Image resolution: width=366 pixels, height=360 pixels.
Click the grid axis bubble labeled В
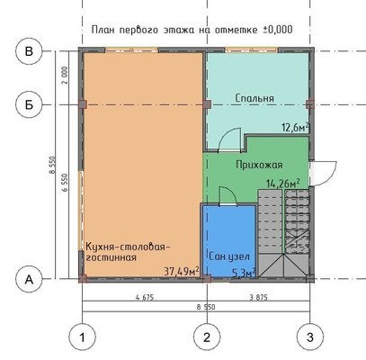tap(29, 51)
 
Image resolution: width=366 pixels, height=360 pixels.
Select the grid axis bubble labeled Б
tap(29, 104)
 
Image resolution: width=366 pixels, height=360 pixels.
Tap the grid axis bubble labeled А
tap(29, 280)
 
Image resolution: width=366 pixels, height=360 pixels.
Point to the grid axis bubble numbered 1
tap(83, 337)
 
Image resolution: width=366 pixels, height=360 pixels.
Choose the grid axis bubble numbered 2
tap(207, 337)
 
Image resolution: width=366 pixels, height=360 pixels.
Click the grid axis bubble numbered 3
tap(310, 337)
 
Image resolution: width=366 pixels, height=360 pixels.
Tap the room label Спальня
tap(254, 98)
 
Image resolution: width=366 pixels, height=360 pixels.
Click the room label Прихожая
tap(259, 165)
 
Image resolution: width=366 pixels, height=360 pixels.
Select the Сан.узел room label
tap(229, 256)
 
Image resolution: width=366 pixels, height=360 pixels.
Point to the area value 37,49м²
tap(182, 271)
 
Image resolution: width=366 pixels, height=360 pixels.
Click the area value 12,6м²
tap(295, 127)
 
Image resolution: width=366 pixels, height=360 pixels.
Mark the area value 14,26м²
tap(283, 183)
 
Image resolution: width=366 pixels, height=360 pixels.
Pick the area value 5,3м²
tap(245, 273)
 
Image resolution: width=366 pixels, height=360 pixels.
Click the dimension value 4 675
tap(145, 298)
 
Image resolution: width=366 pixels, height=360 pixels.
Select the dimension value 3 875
tap(258, 298)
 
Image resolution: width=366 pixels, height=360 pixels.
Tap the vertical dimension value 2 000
tap(65, 76)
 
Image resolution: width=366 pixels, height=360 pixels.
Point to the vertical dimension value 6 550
tap(65, 183)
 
